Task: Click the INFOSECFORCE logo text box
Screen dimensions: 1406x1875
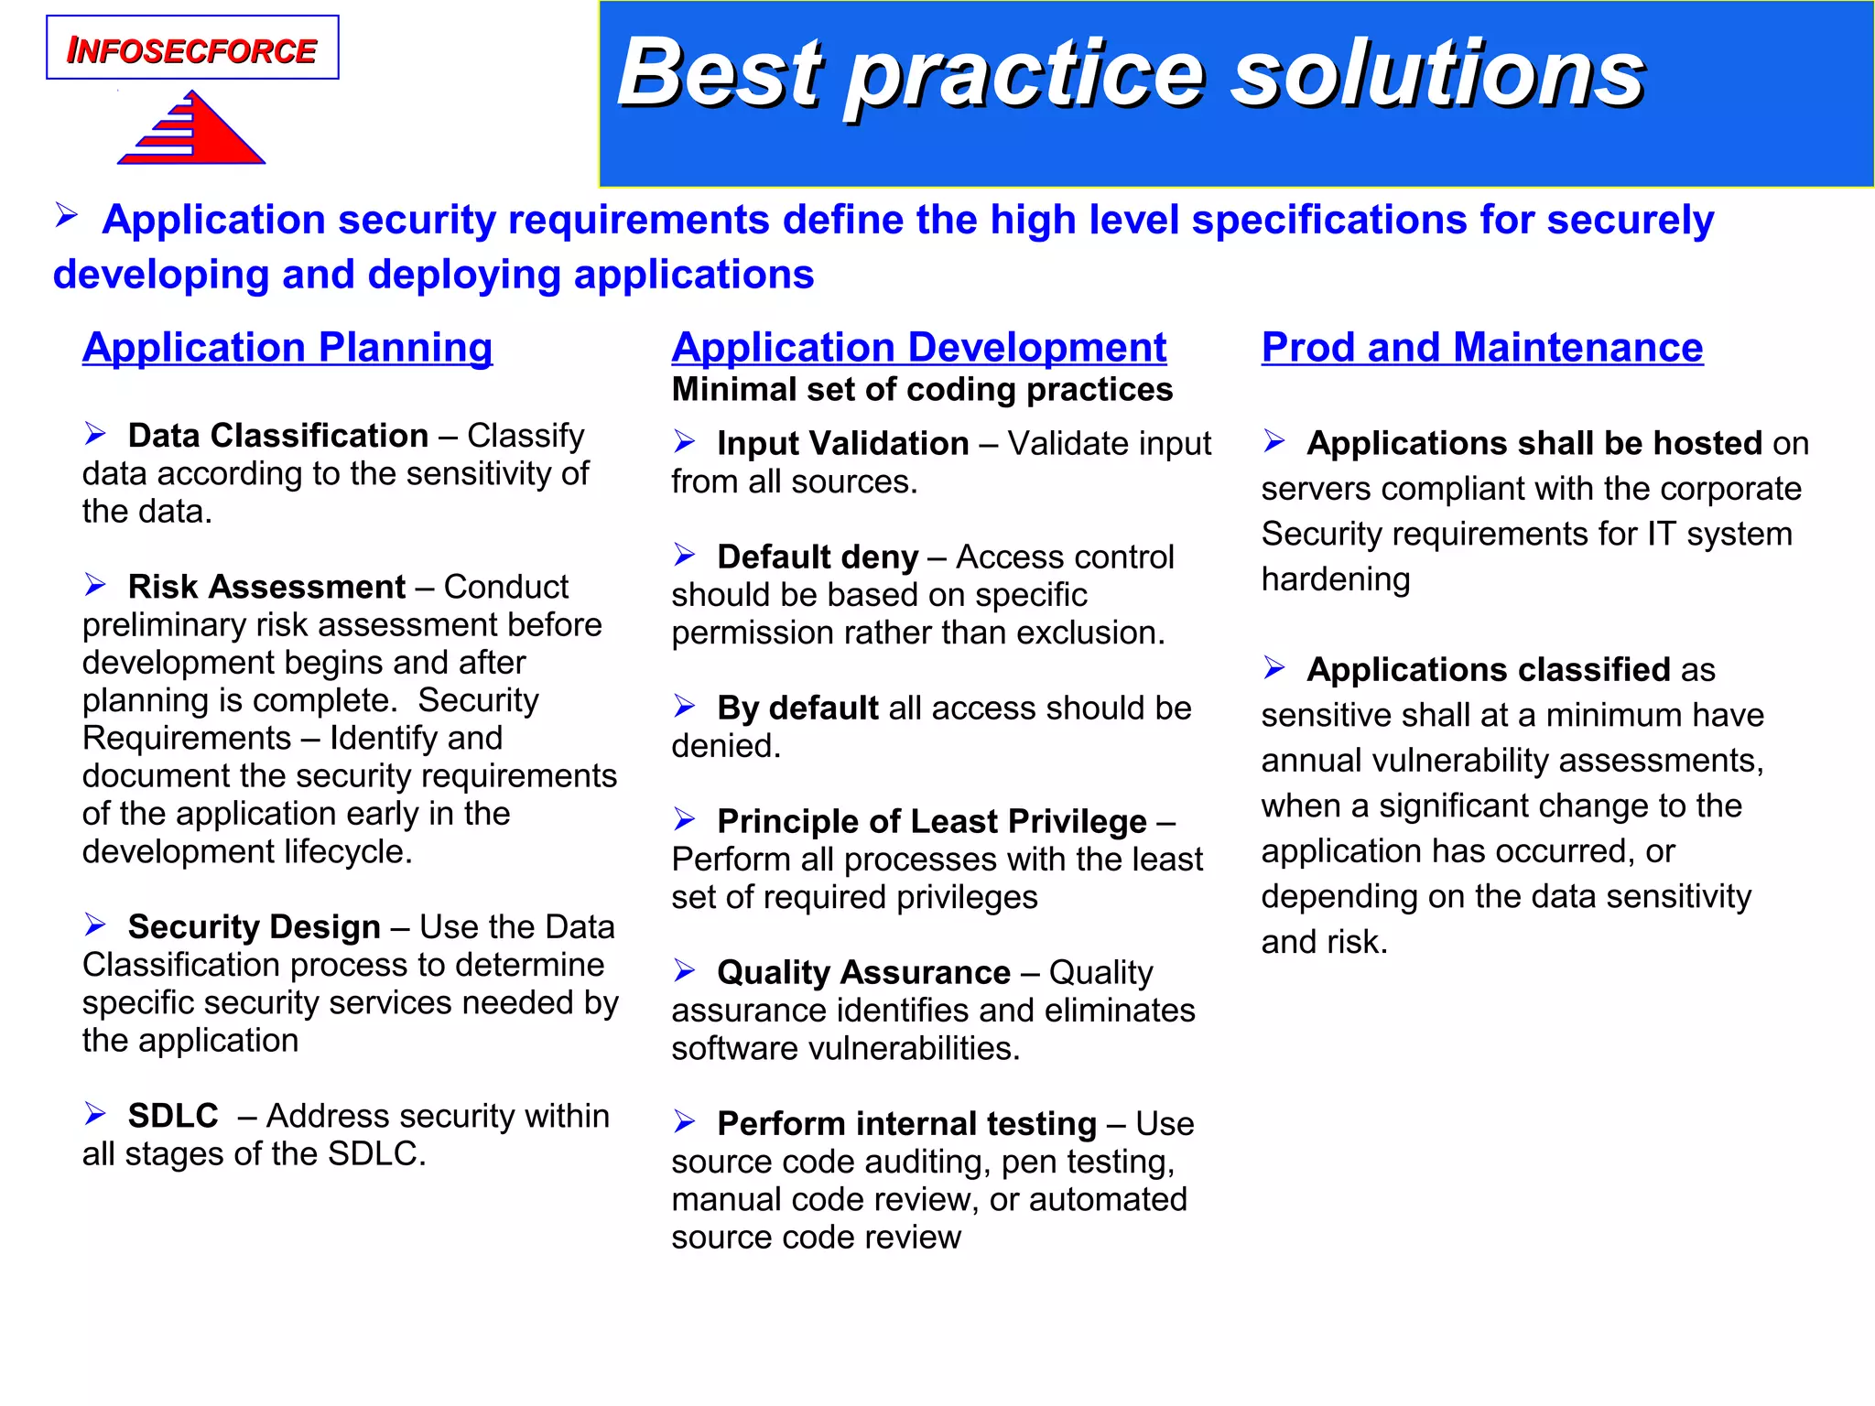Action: point(192,49)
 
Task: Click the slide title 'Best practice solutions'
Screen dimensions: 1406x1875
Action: point(1131,73)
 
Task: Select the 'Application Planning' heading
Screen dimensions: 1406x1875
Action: point(287,348)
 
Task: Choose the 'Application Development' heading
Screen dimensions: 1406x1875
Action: point(918,348)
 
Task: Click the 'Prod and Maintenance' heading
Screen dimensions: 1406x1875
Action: point(1481,348)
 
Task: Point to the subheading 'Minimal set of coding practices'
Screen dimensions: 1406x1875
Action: point(922,390)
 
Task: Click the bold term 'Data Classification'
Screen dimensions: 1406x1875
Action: point(278,436)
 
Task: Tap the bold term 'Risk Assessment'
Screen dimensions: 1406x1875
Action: point(266,587)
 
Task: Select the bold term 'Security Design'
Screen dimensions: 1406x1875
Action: point(255,927)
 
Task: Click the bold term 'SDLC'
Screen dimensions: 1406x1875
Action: point(173,1116)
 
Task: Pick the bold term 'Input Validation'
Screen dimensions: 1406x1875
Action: point(842,444)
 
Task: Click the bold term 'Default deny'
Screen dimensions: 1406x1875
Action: point(818,557)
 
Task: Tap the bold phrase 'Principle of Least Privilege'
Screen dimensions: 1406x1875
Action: point(931,822)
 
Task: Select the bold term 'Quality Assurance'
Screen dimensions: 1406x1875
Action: point(863,973)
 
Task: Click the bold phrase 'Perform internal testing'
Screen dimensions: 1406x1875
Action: point(906,1124)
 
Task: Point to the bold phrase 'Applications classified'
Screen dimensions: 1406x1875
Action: point(1489,670)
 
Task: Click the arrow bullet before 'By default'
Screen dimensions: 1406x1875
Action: point(685,707)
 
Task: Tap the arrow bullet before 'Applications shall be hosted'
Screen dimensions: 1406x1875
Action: point(1274,442)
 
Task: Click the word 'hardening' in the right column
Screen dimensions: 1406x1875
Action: point(1335,579)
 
